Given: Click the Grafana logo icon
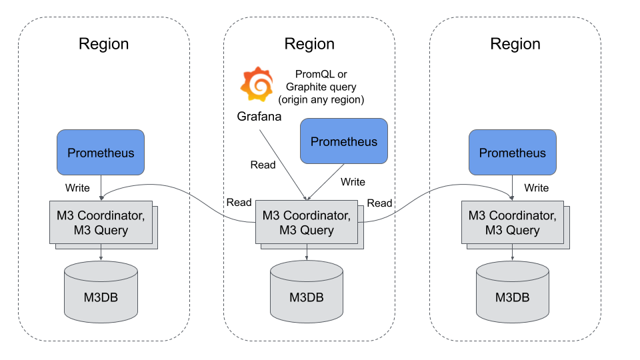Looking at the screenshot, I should (x=257, y=85).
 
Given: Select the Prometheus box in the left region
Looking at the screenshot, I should (x=101, y=153).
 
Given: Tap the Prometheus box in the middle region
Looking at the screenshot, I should (x=343, y=141).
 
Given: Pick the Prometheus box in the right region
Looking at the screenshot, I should (x=512, y=153).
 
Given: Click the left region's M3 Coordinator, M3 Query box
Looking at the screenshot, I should (x=101, y=223).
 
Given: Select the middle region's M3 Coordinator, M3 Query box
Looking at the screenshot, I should (x=307, y=223).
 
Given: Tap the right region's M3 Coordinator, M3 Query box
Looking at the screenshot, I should (x=513, y=223).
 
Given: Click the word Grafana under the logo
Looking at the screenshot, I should (x=259, y=117).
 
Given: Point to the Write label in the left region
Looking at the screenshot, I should (x=77, y=188).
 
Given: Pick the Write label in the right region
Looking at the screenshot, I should (x=536, y=188).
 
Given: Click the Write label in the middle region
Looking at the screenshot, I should (x=353, y=181).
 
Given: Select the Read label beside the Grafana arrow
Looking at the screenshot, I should (x=263, y=165).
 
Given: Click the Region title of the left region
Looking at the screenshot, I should (x=103, y=44).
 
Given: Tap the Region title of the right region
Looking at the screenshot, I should (x=515, y=44).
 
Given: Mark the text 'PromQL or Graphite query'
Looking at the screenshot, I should (x=321, y=81).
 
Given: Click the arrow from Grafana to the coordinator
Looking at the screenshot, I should (x=283, y=164).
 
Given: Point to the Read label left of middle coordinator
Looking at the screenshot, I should (x=239, y=203).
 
